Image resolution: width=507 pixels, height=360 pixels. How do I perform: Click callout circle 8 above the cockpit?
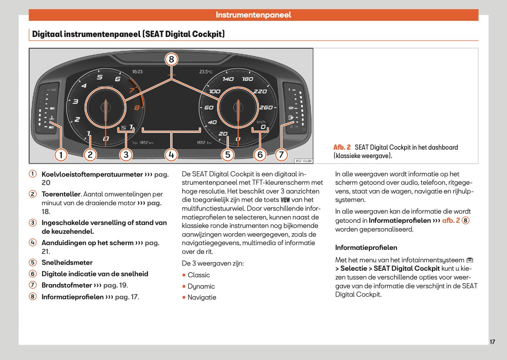tap(171, 59)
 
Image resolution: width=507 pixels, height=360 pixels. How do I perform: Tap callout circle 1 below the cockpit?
tap(61, 155)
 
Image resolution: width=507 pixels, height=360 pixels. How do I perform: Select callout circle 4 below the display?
tap(171, 155)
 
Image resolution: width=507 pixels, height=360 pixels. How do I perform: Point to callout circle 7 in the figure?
tap(281, 155)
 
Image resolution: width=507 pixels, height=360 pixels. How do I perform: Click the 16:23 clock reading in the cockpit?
tap(137, 72)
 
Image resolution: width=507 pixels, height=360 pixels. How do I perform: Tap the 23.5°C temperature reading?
tap(206, 72)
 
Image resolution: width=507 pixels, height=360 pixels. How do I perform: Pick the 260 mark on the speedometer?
tap(266, 108)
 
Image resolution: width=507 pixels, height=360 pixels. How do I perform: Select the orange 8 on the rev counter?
tap(137, 108)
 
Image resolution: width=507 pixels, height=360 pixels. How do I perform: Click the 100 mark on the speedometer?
tap(215, 91)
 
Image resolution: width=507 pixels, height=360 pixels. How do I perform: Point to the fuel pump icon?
tap(291, 117)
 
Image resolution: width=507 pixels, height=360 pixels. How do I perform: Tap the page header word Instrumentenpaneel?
tap(253, 15)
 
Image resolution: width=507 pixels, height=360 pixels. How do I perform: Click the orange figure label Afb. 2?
tap(342, 147)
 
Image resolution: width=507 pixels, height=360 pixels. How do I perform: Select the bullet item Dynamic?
tap(201, 286)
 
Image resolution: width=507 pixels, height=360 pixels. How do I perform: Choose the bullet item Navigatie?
tap(202, 297)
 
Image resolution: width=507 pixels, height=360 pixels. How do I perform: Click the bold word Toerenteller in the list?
tap(61, 194)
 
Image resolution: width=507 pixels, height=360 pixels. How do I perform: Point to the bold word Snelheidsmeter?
tap(67, 263)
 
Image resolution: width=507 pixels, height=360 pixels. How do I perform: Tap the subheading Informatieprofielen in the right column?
tap(366, 248)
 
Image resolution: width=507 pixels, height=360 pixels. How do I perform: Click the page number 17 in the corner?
tap(492, 342)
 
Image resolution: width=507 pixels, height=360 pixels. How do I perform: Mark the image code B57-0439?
tap(303, 161)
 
